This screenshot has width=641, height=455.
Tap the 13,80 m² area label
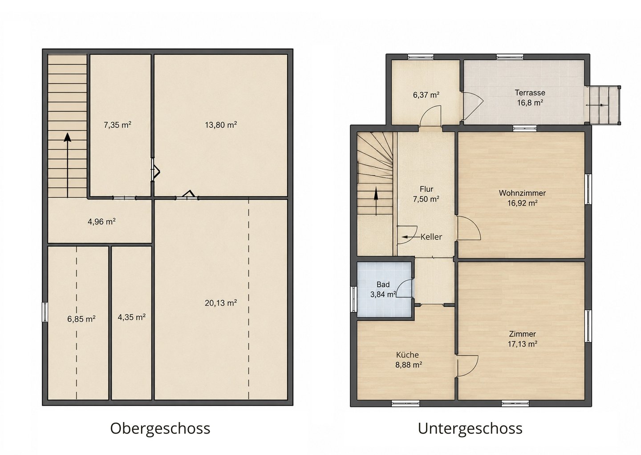[221, 125]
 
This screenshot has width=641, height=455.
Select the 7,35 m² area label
[118, 125]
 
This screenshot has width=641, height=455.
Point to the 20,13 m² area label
[221, 303]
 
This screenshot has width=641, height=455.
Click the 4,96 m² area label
[101, 221]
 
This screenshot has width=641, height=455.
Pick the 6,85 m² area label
[81, 319]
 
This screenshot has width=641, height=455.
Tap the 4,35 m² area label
[132, 317]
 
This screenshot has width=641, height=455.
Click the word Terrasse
[530, 93]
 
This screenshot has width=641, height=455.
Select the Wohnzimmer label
[522, 193]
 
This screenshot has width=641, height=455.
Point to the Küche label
[407, 355]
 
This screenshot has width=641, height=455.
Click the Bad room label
[383, 285]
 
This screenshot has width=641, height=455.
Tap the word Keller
[431, 237]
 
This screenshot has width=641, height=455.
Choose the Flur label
[426, 189]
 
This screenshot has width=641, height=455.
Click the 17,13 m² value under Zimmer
[522, 344]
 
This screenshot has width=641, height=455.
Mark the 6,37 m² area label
[426, 95]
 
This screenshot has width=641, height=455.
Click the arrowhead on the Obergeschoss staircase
[68, 137]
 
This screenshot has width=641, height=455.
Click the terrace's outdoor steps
[604, 105]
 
